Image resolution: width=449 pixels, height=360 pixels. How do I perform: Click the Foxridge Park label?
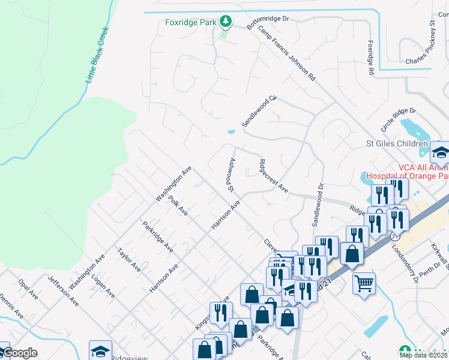tap(190, 22)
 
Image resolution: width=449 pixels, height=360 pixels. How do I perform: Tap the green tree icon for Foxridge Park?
tap(225, 22)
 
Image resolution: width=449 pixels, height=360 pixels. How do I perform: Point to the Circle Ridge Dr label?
tap(399, 120)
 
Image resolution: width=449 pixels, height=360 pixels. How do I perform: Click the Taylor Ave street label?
tap(129, 259)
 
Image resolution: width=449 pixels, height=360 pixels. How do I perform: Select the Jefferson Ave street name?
tap(64, 290)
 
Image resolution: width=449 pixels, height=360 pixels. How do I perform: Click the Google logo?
tap(19, 353)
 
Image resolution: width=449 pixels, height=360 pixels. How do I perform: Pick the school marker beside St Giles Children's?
tap(440, 154)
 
